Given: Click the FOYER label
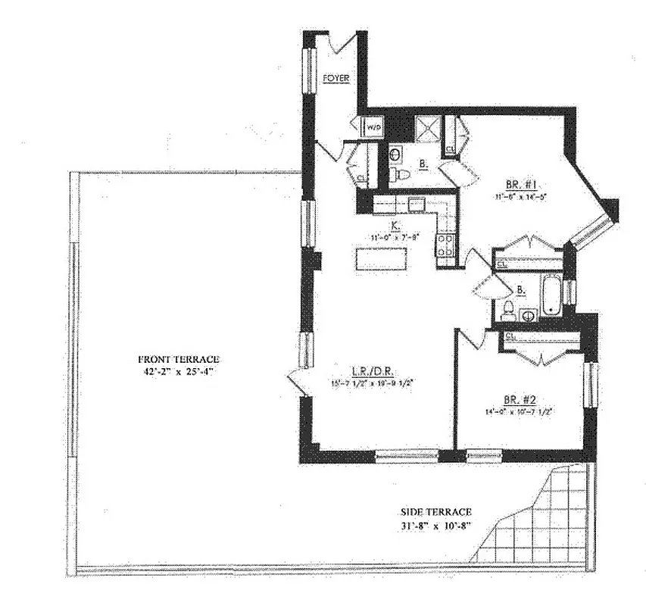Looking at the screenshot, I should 335,78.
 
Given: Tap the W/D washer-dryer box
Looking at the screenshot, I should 373,128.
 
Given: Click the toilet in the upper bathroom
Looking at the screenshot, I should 401,175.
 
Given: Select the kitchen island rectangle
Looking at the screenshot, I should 382,260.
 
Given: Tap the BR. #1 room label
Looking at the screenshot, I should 520,184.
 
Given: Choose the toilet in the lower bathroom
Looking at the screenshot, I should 509,310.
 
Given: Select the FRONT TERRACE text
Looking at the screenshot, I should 179,358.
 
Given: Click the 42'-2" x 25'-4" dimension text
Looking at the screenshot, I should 179,371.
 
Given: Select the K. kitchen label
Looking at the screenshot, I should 395,225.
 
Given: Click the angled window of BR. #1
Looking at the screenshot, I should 591,232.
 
